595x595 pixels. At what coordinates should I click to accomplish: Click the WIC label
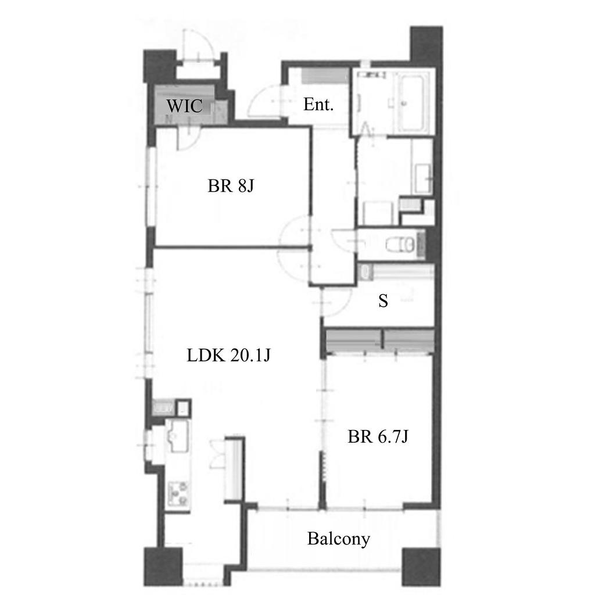coord(184,106)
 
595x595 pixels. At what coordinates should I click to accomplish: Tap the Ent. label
coord(318,105)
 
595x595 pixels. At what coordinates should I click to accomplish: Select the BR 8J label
coord(231,186)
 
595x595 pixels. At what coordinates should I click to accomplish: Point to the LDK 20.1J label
coord(228,355)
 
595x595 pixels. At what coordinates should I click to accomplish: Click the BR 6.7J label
coord(378,436)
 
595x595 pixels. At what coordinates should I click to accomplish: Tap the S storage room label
coord(383,300)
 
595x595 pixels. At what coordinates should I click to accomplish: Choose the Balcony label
coord(339,539)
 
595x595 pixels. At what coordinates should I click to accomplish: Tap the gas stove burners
coord(178,494)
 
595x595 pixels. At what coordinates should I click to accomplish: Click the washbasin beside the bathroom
coord(424,179)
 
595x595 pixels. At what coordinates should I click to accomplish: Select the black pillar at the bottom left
coord(163,567)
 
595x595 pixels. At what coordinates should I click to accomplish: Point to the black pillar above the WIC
coord(160,66)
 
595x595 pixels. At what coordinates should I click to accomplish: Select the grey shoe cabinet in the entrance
coord(325,76)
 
